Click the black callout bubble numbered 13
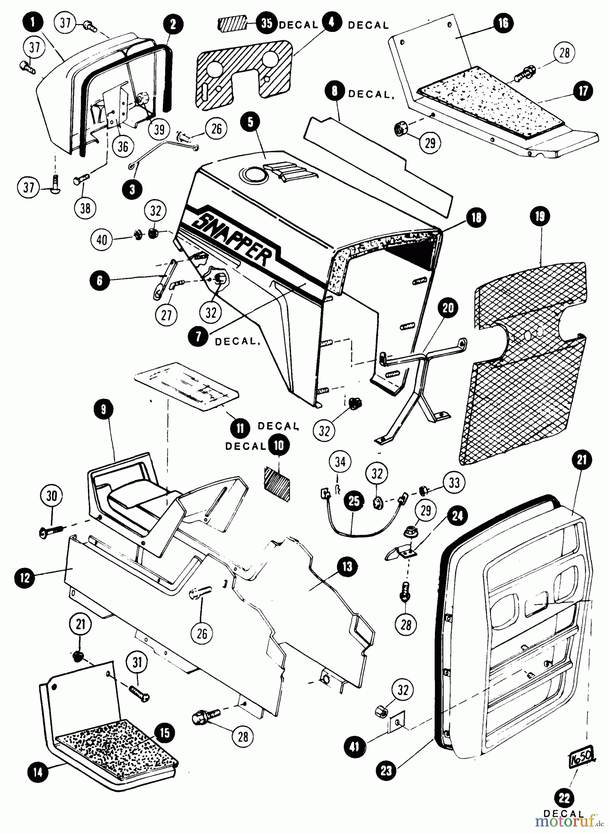point(348,566)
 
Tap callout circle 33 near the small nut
point(454,483)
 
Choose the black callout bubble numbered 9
point(102,409)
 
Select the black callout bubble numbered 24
point(457,516)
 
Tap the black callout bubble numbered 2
point(173,25)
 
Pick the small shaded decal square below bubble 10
point(277,483)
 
